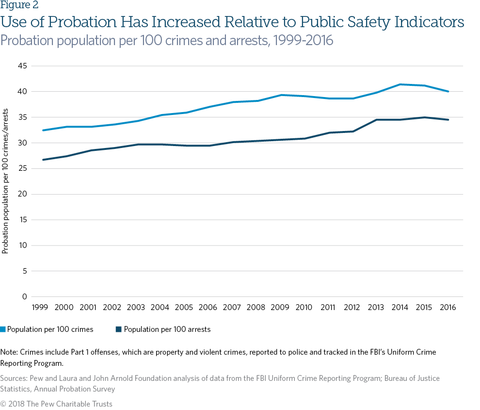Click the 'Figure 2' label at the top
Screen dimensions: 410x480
[x=19, y=6]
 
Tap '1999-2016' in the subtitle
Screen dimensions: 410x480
[x=303, y=40]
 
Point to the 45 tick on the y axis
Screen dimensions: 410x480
[x=23, y=66]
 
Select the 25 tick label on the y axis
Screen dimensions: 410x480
[x=23, y=168]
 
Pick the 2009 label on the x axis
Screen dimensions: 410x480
[x=279, y=308]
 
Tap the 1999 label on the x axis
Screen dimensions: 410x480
[x=39, y=308]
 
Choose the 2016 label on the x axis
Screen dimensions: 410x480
[x=448, y=308]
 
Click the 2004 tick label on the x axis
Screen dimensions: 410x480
[x=160, y=308]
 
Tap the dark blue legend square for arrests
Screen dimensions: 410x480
[x=118, y=329]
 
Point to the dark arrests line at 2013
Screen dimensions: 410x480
[x=376, y=120]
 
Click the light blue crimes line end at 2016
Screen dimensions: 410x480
[x=448, y=91]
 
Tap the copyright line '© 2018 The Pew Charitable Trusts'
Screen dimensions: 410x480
[x=56, y=404]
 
